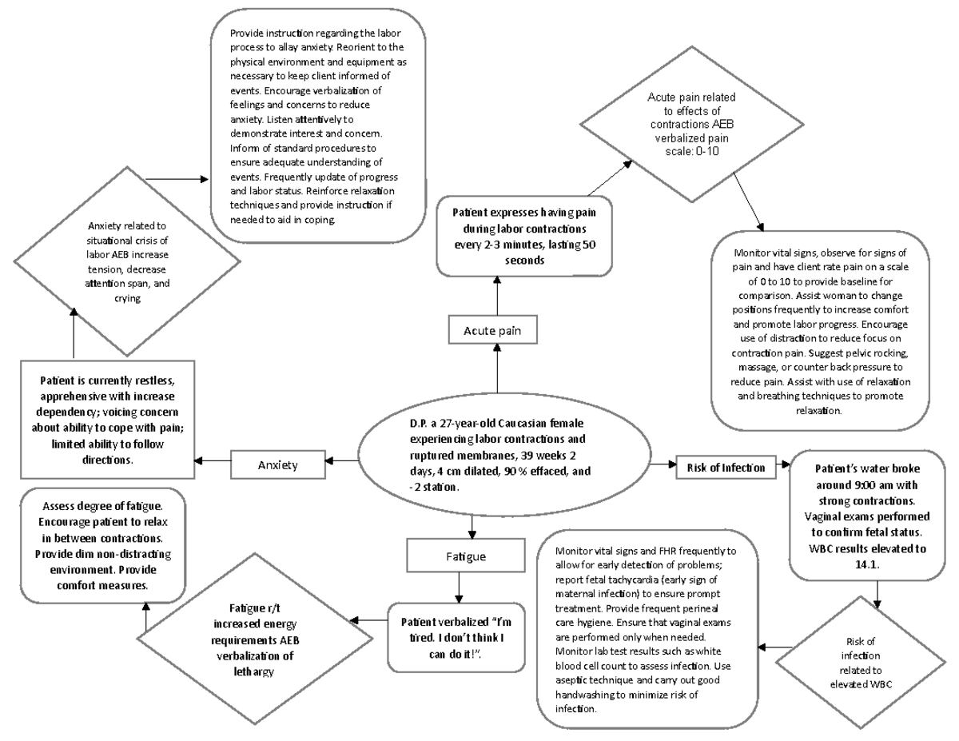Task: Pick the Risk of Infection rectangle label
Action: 726,467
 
